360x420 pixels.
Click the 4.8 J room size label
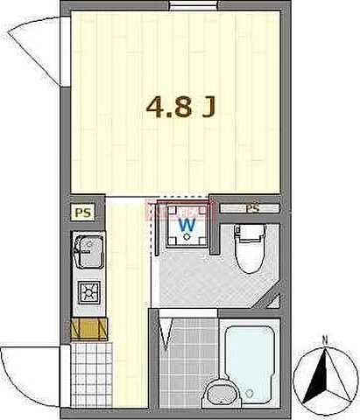pyautogui.click(x=182, y=108)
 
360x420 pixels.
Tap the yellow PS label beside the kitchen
pyautogui.click(x=81, y=212)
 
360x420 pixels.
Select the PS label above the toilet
pyautogui.click(x=252, y=208)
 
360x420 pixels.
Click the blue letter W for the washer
pyautogui.click(x=187, y=225)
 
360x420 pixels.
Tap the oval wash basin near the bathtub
pyautogui.click(x=219, y=394)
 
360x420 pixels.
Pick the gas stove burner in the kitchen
pyautogui.click(x=88, y=291)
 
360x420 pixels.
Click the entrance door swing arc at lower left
pyautogui.click(x=31, y=367)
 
